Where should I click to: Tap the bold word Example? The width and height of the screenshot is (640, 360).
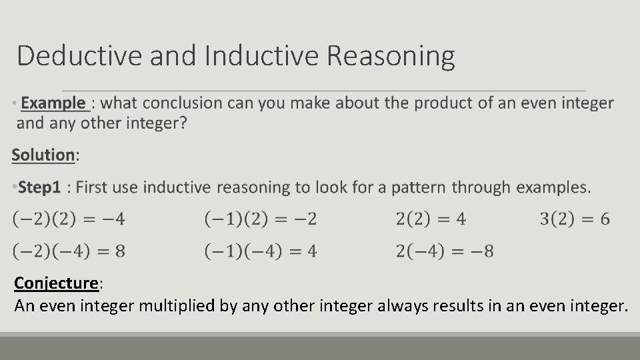tap(53, 103)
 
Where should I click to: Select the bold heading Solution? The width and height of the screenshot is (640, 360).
tap(43, 155)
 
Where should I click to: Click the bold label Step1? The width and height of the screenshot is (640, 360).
tap(39, 187)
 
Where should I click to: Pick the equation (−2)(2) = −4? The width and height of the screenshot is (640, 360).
tap(69, 219)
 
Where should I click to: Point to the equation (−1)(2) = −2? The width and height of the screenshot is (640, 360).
tap(261, 219)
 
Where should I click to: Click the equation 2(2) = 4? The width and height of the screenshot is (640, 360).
tap(431, 219)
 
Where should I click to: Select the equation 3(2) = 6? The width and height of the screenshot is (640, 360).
tap(575, 219)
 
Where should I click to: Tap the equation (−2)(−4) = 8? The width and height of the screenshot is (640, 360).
tap(69, 251)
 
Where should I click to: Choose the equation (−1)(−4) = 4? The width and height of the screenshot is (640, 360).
tap(261, 251)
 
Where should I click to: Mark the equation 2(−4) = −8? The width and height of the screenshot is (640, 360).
tap(445, 251)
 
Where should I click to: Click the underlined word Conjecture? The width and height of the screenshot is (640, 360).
tap(56, 283)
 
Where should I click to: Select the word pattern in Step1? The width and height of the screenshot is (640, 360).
tap(419, 187)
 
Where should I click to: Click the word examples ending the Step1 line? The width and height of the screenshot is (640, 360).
tap(553, 187)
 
